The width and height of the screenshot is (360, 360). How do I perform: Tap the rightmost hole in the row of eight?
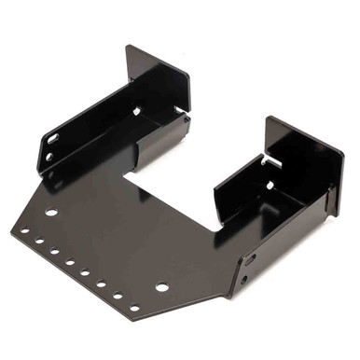pos(134,307)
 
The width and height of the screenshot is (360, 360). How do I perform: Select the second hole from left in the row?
pos(40,240)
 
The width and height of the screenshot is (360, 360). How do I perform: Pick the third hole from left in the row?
pos(55,251)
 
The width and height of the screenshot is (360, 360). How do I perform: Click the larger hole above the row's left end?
pos(51,213)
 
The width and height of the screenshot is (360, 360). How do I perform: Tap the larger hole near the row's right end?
pos(162,286)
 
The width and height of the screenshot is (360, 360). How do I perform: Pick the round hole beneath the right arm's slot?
pos(244,278)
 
